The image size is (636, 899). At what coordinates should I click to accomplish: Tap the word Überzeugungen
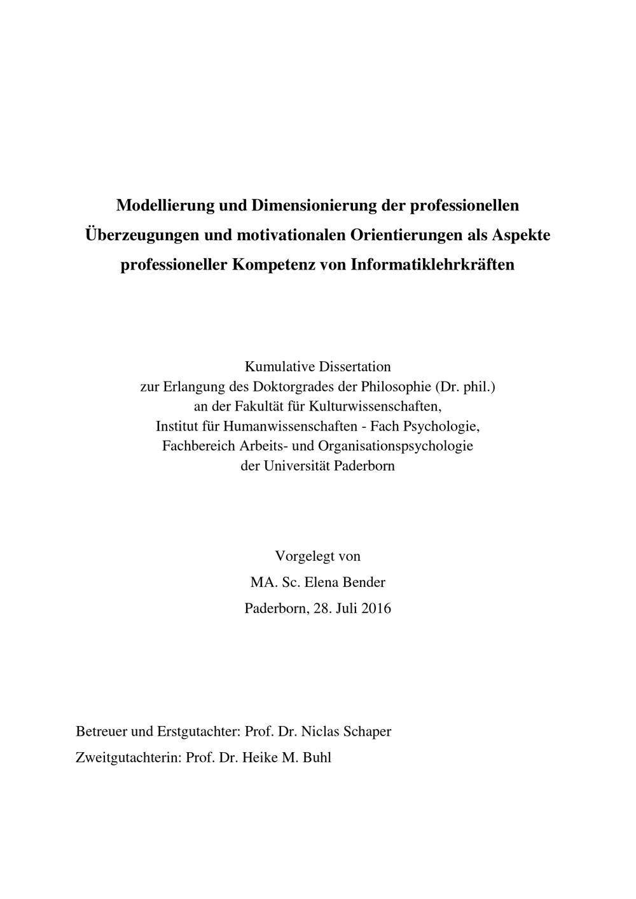pyautogui.click(x=141, y=235)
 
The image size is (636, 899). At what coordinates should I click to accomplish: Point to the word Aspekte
pyautogui.click(x=521, y=235)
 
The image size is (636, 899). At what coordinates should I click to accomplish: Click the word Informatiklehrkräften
pyautogui.click(x=432, y=264)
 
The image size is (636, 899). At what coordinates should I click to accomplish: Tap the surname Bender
pyautogui.click(x=364, y=582)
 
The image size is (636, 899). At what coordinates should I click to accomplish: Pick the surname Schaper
pyautogui.click(x=366, y=732)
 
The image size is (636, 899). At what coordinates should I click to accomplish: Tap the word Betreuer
pyautogui.click(x=101, y=732)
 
